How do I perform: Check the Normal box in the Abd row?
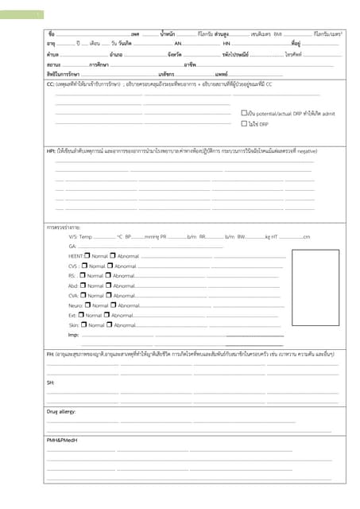pos(83,285)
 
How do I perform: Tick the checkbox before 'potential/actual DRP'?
pos(244,113)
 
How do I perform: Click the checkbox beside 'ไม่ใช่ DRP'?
pos(244,124)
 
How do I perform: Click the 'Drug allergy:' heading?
pos(61,411)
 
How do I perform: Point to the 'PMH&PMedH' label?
pos(61,440)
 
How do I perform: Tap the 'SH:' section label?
pos(50,383)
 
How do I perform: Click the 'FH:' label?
pos(50,353)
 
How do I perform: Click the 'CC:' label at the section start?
pos(50,84)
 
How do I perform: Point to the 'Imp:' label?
pos(73,335)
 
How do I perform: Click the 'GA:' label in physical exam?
pos(72,246)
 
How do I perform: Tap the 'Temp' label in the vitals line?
pos(86,236)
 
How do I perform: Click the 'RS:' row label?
pos(72,275)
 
